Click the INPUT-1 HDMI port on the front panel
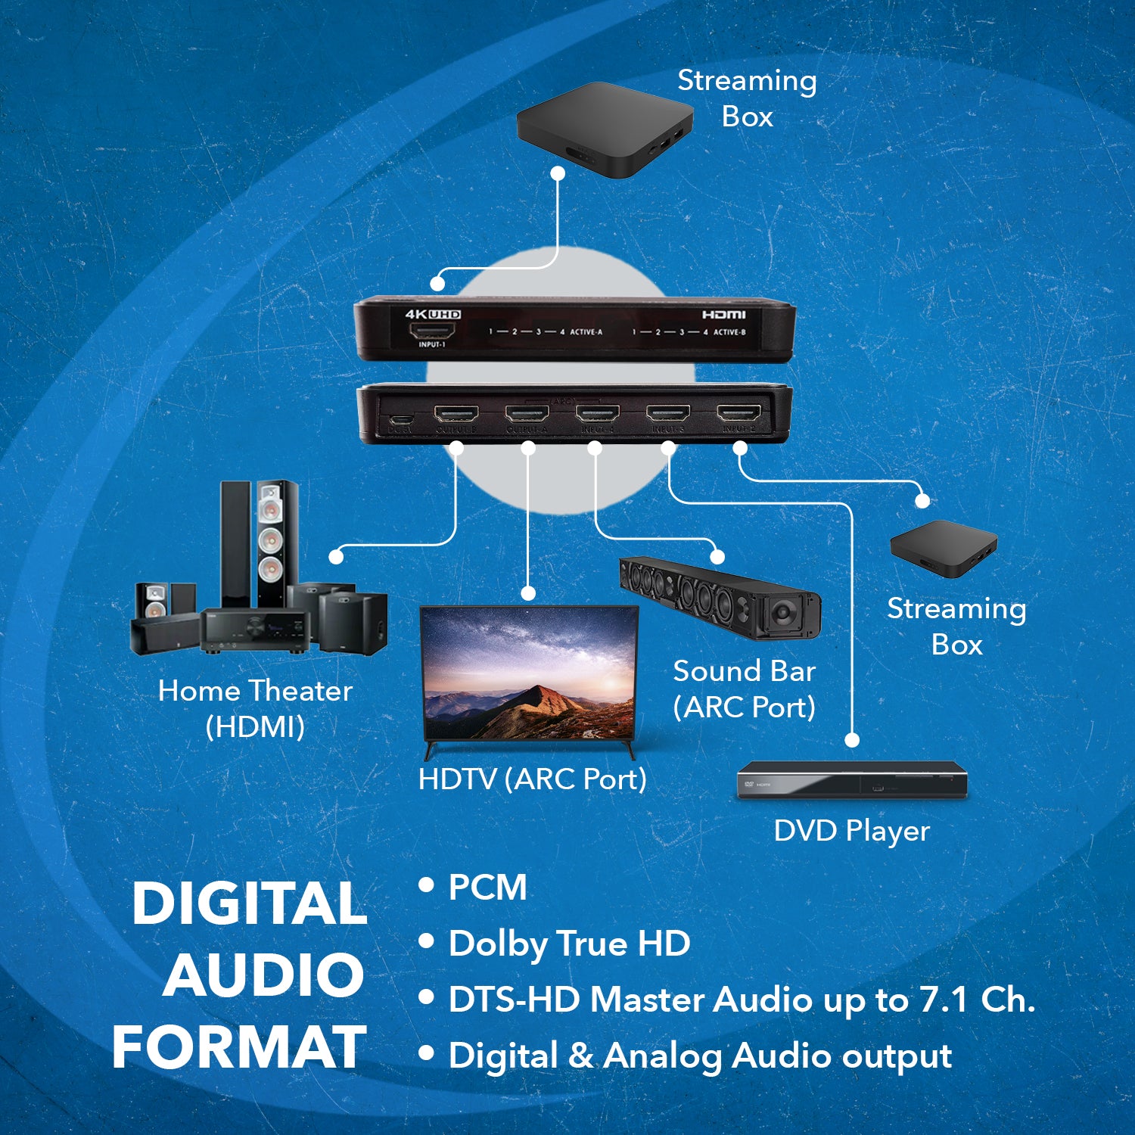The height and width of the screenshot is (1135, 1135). tap(432, 330)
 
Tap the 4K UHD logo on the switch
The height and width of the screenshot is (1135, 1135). tap(433, 314)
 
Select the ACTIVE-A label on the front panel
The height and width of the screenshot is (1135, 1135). tap(586, 332)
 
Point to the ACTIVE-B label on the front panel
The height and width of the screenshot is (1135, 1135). tap(729, 332)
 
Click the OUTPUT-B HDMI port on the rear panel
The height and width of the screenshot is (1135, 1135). tap(456, 415)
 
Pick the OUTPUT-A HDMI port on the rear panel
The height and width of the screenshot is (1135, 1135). tap(527, 415)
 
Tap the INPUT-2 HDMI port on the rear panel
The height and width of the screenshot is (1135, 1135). tap(739, 414)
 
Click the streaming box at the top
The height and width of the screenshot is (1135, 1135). tap(604, 129)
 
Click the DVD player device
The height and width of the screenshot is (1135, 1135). tap(852, 780)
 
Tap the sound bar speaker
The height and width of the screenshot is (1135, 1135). tap(719, 598)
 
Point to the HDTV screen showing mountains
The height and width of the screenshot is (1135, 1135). tap(530, 673)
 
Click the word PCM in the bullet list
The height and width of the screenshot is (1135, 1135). tap(487, 887)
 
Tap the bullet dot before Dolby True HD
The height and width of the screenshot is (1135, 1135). tap(427, 941)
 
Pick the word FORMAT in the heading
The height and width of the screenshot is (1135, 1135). tap(239, 1047)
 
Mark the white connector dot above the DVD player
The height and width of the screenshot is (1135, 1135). tap(852, 739)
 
